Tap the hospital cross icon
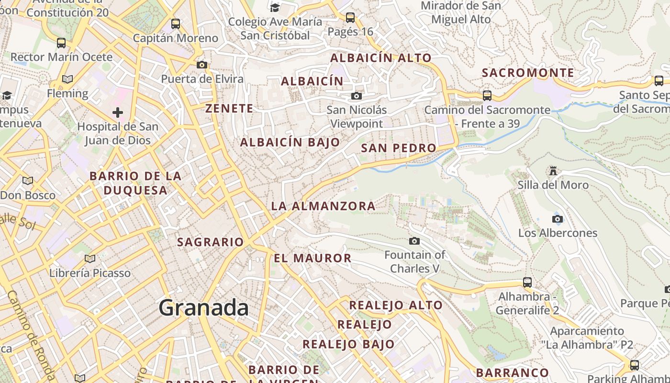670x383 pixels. pos(118,113)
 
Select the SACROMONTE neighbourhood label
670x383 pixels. pos(527,73)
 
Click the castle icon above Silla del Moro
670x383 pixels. pos(553,171)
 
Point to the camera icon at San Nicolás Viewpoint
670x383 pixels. pos(356,96)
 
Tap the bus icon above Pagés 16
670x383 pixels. pos(350,18)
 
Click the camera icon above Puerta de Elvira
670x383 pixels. pos(202,65)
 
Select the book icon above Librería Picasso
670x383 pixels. pos(89,259)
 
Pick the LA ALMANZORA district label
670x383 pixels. pos(323,206)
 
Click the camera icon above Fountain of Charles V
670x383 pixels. pos(414,241)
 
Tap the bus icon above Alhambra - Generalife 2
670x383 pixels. pos(527,282)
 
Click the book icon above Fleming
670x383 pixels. pos(67,79)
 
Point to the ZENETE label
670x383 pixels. pos(229,109)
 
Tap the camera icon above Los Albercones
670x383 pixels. pos(557,219)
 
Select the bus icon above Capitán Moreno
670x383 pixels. pos(176,24)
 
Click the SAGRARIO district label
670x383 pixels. pos(211,242)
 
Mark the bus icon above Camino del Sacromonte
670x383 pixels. pos(487,96)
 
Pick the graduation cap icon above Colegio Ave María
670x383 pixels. pos(275,8)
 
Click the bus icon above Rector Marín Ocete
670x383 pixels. pos(61,43)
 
